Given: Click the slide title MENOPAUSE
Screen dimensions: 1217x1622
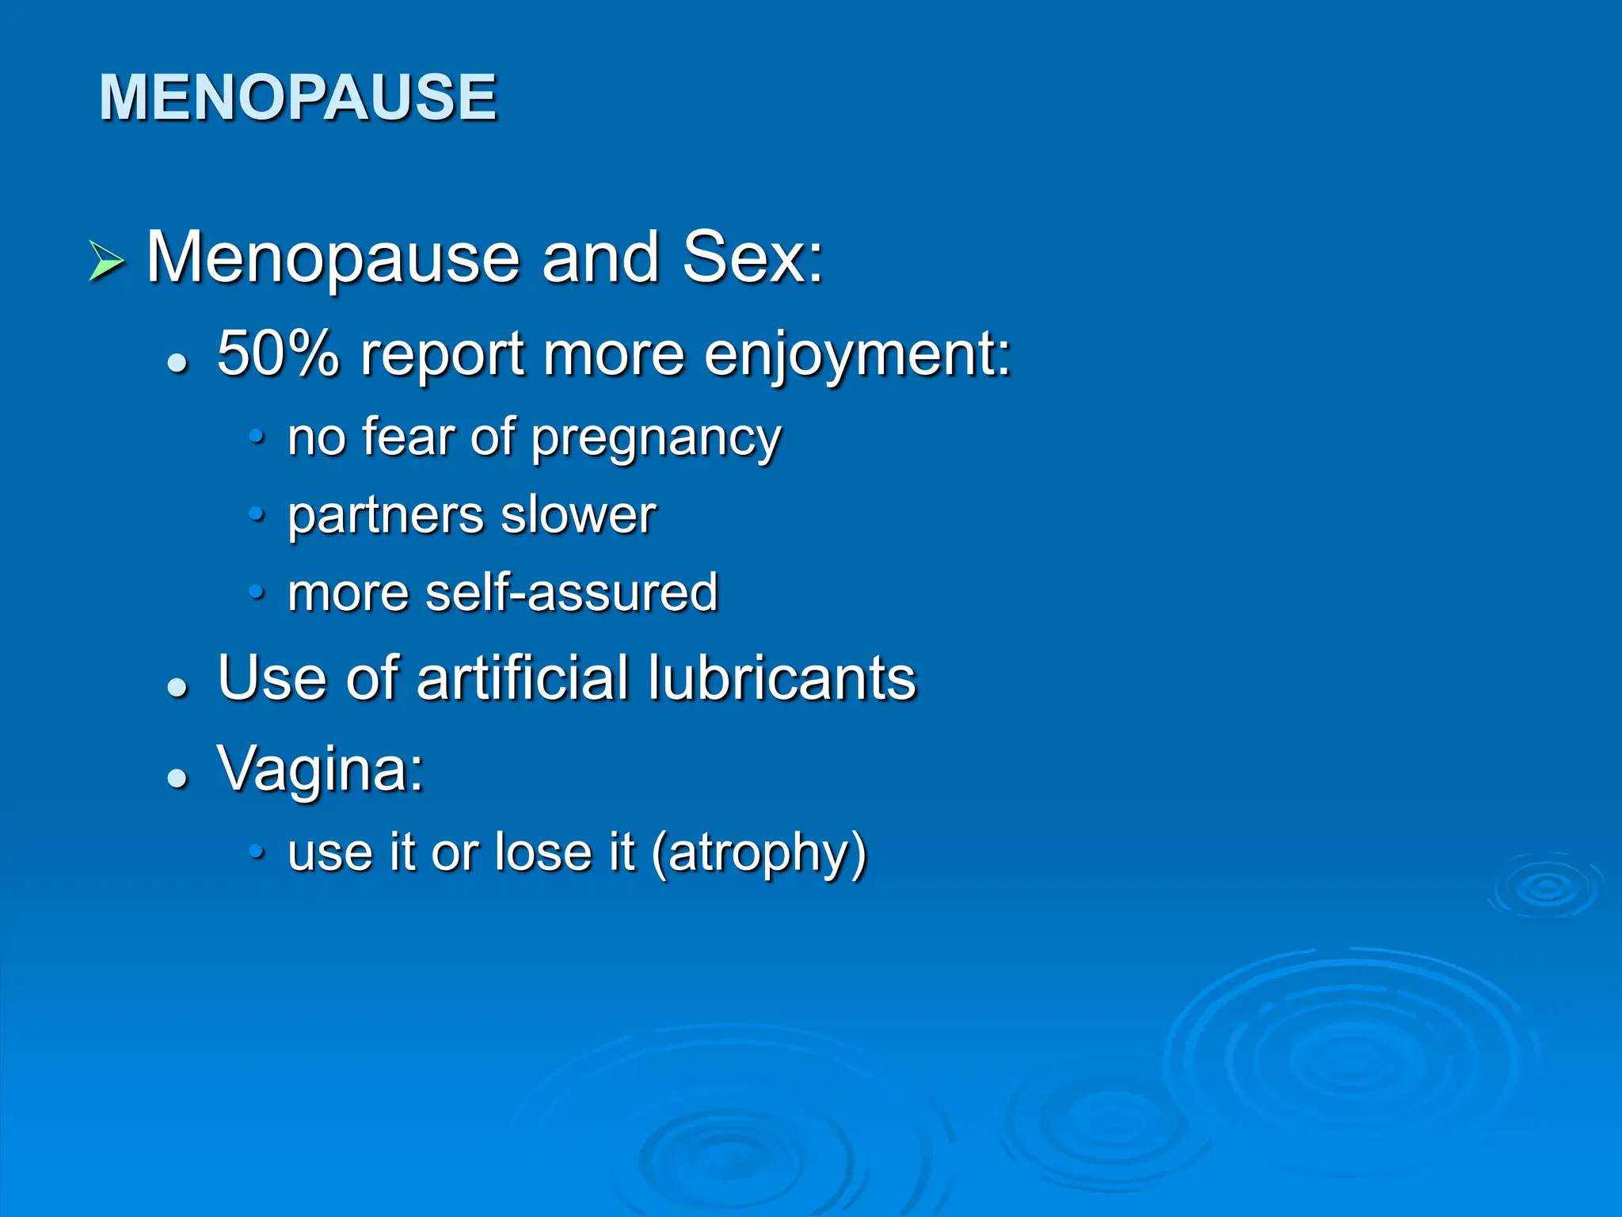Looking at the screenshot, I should coord(297,97).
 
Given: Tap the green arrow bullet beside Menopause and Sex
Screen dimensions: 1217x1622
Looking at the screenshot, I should coord(106,261).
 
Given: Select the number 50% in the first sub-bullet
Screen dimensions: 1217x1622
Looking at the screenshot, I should coord(277,353).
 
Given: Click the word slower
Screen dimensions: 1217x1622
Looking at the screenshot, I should coord(578,515).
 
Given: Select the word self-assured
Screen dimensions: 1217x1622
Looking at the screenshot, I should coord(571,593).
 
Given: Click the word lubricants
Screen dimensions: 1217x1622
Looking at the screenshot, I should coord(781,678).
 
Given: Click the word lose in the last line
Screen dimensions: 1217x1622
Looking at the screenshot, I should coord(542,853).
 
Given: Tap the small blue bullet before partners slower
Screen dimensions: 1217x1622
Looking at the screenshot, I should coord(256,515).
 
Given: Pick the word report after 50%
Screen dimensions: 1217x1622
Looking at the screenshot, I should coord(442,355).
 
